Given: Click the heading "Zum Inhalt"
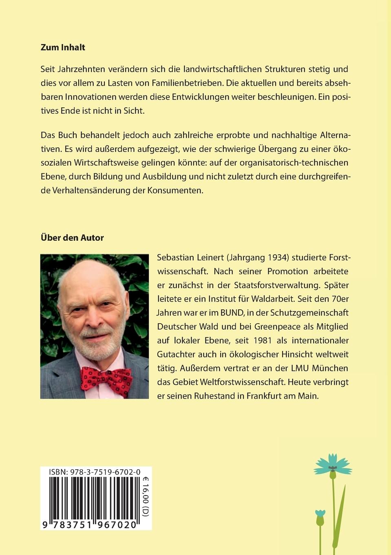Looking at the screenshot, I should click(63, 47).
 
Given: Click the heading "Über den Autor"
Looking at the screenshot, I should click(72, 238).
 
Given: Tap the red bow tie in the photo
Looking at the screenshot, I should click(106, 378).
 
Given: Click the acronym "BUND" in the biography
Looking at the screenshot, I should click(232, 313).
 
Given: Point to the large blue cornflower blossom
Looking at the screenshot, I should click(333, 465).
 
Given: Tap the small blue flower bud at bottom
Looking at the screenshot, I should click(320, 517).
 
